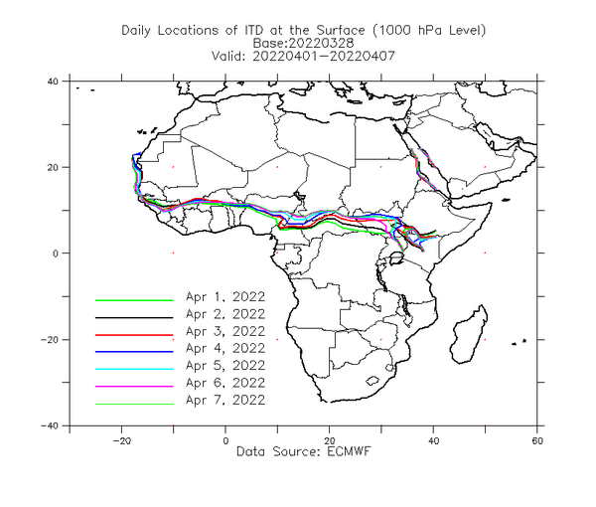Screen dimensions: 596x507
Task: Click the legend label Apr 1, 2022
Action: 225,296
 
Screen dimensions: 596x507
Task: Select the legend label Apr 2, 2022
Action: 225,314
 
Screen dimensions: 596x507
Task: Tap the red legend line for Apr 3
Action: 134,335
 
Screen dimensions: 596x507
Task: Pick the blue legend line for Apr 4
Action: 134,352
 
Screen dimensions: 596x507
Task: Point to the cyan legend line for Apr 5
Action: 134,369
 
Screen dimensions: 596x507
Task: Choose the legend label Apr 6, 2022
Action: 225,383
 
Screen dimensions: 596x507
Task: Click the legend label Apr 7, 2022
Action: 225,400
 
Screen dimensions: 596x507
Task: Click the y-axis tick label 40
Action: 53,82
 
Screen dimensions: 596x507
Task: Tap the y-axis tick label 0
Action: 56,253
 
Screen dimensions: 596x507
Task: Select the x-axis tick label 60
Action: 537,440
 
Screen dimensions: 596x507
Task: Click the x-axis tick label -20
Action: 121,440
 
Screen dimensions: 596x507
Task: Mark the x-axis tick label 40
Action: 433,440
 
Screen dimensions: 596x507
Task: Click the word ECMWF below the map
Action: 349,451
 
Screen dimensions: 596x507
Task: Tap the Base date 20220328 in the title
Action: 322,43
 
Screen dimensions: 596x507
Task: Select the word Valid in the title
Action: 227,56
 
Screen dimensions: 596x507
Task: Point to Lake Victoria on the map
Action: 396,259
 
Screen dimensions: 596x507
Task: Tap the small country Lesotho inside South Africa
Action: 372,380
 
